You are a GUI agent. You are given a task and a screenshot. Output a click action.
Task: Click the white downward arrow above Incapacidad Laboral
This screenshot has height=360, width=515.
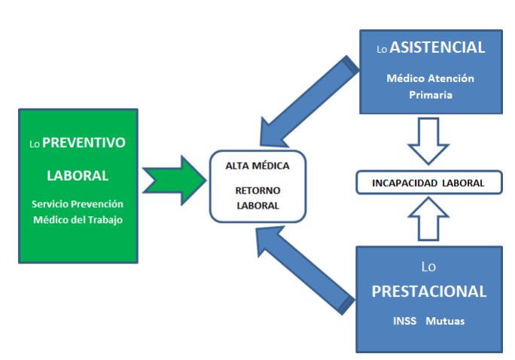(428, 142)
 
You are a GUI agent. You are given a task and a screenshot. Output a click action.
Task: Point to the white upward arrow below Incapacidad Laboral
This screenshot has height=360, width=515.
(428, 218)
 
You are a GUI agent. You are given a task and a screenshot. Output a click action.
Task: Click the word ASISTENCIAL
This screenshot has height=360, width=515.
(437, 47)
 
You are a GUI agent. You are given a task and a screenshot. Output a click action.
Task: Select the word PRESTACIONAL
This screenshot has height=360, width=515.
(429, 291)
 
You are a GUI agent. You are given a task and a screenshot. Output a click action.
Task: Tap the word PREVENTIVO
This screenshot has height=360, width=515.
(84, 142)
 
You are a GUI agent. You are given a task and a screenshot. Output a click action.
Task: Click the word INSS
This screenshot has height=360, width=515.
(404, 321)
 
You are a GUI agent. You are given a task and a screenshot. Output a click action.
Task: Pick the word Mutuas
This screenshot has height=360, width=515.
(445, 321)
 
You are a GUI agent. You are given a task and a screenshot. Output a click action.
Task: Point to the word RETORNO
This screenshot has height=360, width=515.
(257, 191)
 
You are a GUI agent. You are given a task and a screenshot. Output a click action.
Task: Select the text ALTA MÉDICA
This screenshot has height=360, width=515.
(257, 166)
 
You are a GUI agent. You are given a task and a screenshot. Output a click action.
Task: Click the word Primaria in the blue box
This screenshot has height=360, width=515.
(431, 95)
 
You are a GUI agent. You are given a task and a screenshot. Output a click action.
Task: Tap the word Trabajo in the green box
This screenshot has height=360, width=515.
(105, 220)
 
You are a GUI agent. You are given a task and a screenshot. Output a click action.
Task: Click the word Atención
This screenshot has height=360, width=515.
(451, 78)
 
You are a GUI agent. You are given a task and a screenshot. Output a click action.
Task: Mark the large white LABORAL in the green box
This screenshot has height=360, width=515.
(78, 175)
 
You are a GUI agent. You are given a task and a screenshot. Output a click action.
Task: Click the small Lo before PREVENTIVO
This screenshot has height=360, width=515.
(35, 144)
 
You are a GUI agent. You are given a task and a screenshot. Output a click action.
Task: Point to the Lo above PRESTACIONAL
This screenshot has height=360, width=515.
(428, 267)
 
